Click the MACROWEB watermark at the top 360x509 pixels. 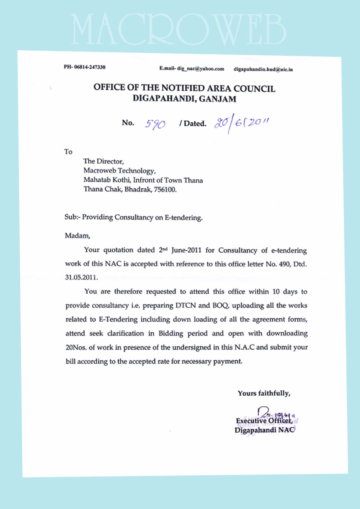click(x=178, y=29)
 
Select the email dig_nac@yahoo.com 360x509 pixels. click(x=201, y=69)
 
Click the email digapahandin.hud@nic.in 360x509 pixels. click(x=263, y=69)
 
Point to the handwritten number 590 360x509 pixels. click(x=155, y=124)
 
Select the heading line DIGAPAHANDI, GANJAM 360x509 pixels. click(x=184, y=99)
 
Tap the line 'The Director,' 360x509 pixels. click(x=103, y=161)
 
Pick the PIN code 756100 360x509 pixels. click(x=165, y=190)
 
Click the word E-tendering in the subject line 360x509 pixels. click(x=183, y=218)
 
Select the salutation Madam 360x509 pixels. click(x=77, y=236)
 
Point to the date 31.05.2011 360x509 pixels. click(x=81, y=277)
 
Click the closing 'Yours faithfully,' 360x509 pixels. click(x=264, y=393)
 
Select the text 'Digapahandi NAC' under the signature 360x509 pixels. click(x=265, y=430)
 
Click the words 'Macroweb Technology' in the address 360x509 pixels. click(x=119, y=171)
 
